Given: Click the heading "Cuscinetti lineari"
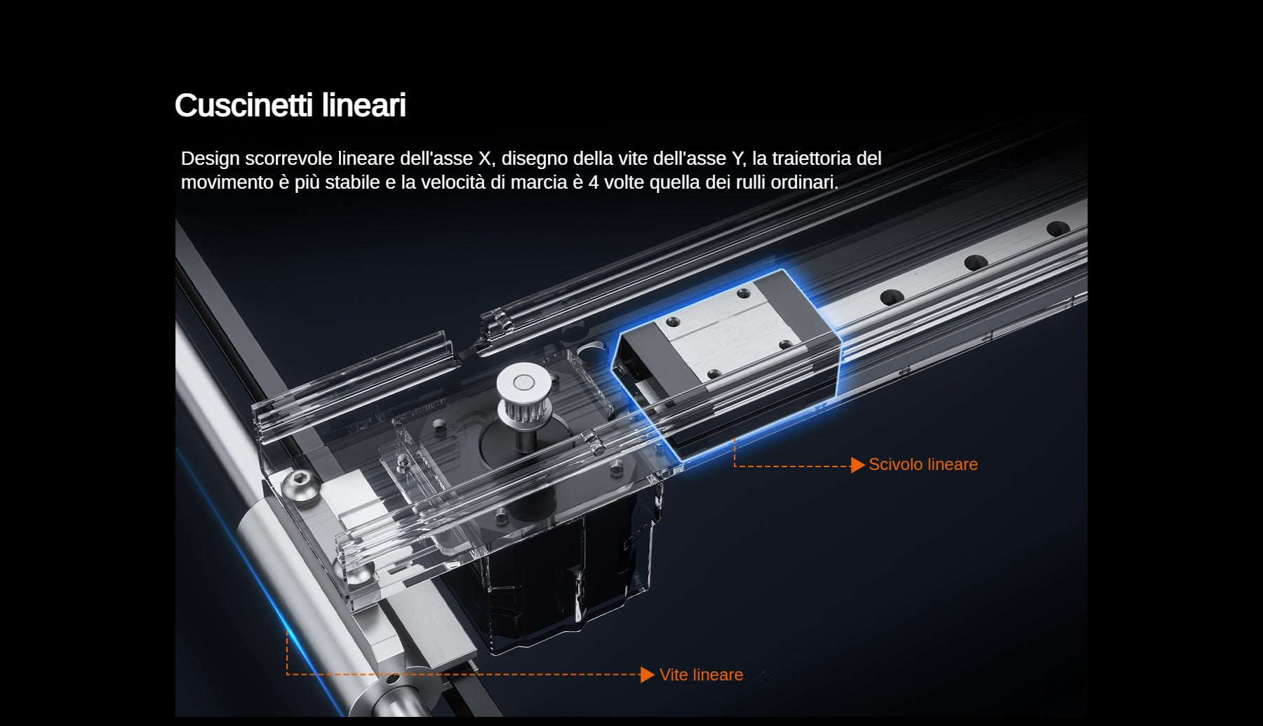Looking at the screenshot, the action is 290,106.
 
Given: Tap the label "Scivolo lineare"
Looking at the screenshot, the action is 923,464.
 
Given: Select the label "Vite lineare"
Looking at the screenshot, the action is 701,675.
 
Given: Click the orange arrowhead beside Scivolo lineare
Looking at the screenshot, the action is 857,465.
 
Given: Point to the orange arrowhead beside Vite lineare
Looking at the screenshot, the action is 648,675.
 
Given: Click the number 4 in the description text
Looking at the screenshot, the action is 594,182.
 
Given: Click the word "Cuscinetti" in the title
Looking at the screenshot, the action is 244,106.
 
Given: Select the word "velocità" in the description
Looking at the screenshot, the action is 452,182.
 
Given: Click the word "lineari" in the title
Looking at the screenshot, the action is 364,106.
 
